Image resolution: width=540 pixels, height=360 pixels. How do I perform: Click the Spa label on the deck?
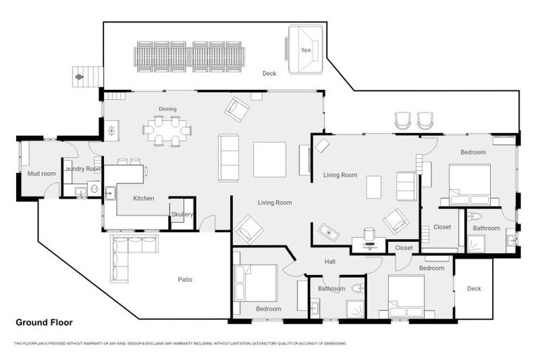[x=306, y=50]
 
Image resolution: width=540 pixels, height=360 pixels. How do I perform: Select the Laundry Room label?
[x=82, y=169]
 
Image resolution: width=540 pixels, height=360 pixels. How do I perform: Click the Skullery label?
[x=182, y=214]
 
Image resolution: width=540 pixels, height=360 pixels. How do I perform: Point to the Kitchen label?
[x=144, y=198]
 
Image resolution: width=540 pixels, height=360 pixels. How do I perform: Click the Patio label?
[x=185, y=279]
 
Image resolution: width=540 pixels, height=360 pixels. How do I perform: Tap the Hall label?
[x=330, y=262]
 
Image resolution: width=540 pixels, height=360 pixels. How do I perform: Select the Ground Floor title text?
[x=44, y=323]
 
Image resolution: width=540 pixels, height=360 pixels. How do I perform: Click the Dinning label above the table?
[x=167, y=109]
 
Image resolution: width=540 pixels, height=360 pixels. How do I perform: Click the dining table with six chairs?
[x=167, y=130]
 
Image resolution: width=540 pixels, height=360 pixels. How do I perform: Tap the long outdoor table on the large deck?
[x=190, y=55]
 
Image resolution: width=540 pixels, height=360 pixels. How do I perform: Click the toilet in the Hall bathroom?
[x=357, y=288]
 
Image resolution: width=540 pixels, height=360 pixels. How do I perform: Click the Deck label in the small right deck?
[x=474, y=288]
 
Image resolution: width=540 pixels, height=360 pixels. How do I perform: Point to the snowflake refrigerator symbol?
[x=111, y=130]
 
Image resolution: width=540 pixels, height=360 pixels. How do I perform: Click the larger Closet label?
[x=442, y=227]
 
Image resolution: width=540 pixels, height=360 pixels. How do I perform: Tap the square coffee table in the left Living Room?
[x=269, y=160]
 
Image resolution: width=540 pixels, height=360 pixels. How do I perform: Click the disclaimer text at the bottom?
[x=179, y=344]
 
